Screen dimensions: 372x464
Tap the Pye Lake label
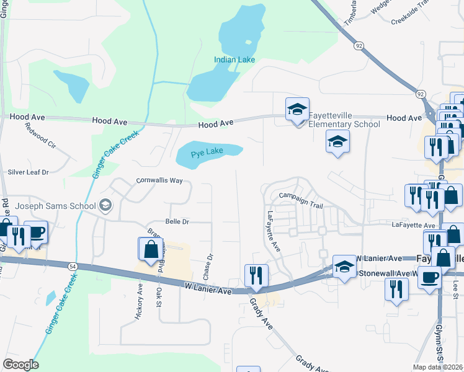click(x=207, y=151)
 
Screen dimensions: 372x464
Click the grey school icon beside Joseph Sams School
click(x=106, y=206)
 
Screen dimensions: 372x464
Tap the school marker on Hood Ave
click(x=298, y=110)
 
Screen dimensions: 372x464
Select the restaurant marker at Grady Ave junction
click(x=256, y=275)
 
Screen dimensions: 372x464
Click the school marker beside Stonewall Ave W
click(x=344, y=267)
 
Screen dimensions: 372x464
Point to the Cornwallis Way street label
click(x=159, y=181)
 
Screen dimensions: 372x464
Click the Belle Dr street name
click(x=177, y=221)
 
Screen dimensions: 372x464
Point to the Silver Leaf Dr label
click(x=28, y=172)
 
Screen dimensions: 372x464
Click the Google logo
click(x=20, y=365)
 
